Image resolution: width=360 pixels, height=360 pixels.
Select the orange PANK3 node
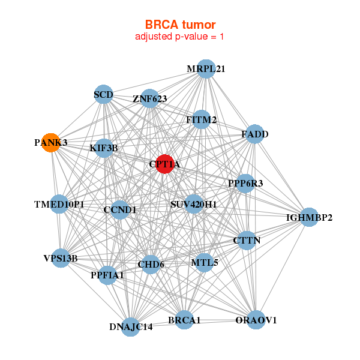pos(51,143)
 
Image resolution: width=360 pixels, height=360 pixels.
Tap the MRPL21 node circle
pos(206,69)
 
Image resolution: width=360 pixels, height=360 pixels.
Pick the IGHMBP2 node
pos(309,217)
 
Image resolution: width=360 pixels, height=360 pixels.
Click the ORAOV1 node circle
pos(256,320)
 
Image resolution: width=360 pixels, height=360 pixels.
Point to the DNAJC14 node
pos(131,327)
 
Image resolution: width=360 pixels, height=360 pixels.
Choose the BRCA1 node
pos(184,320)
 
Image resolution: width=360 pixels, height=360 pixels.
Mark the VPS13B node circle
pos(60,258)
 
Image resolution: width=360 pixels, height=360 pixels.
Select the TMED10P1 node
pos(59,205)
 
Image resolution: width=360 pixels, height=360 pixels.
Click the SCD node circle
pos(104,94)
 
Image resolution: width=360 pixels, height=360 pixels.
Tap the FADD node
pos(255,134)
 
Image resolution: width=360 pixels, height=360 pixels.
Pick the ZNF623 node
pos(150,98)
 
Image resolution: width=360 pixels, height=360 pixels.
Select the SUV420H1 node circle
pos(194,205)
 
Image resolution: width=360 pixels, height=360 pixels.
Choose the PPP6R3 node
pos(245,183)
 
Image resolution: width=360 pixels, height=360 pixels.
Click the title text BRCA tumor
pos(180,25)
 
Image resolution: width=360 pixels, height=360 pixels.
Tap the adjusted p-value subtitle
pos(180,37)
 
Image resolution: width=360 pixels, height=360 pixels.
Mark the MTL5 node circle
pos(204,262)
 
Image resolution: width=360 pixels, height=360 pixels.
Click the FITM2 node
pos(202,120)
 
